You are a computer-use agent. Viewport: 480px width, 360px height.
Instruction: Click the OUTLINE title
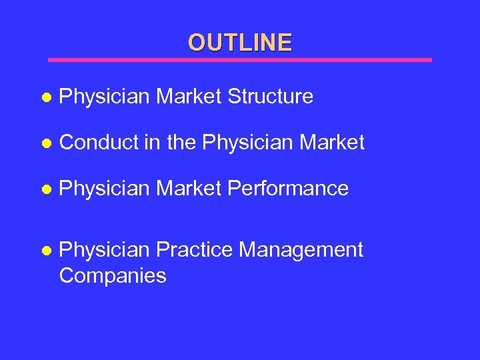click(x=240, y=43)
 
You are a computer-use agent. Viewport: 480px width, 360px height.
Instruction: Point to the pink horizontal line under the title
click(x=240, y=60)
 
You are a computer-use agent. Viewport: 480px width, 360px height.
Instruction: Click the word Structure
click(x=270, y=97)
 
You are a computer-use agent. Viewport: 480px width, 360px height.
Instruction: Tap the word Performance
click(x=288, y=189)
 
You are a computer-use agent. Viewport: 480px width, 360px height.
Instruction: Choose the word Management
click(x=301, y=250)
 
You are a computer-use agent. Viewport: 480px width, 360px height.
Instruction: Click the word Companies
click(x=113, y=275)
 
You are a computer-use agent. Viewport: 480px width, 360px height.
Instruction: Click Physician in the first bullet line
click(x=104, y=97)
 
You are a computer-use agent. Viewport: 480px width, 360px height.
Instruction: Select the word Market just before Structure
click(x=189, y=97)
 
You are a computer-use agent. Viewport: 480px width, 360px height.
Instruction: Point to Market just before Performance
click(x=189, y=189)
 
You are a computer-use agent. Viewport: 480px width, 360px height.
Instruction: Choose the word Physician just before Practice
click(x=104, y=250)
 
